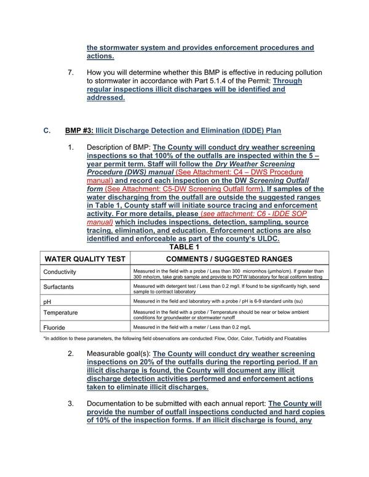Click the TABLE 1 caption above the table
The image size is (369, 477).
tap(184, 246)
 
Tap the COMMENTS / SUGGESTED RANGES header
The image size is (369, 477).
tap(229, 258)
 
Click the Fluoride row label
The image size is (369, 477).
tap(54, 328)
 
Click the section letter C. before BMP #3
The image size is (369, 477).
tap(47, 131)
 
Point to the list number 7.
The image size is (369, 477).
tap(71, 72)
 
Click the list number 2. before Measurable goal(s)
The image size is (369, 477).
tap(71, 354)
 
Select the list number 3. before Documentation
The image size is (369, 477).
tap(71, 403)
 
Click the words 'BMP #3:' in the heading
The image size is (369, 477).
tap(79, 131)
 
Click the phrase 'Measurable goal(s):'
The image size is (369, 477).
tap(118, 354)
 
